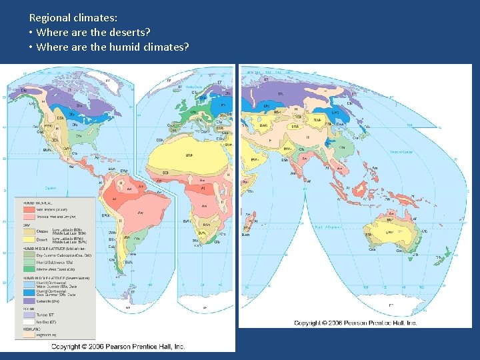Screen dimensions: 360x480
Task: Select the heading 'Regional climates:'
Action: tap(73, 18)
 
